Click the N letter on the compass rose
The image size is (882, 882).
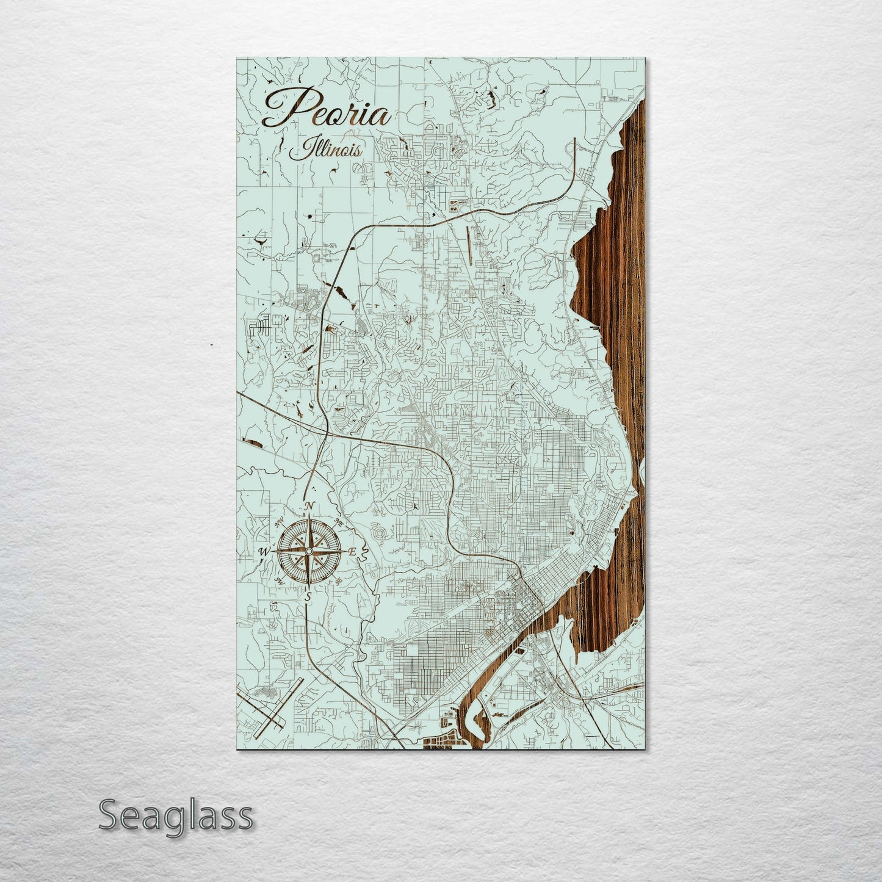(309, 507)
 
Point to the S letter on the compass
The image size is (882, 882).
(308, 596)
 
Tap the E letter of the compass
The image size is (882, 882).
(352, 551)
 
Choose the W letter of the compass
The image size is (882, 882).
(265, 552)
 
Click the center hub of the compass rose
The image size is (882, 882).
(309, 551)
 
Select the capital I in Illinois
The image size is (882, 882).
(299, 150)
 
